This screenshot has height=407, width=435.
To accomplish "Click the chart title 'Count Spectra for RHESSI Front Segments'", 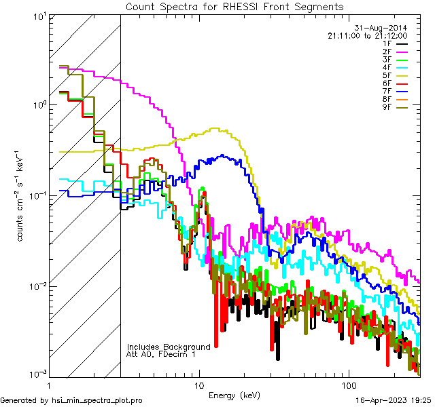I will pyautogui.click(x=234, y=6).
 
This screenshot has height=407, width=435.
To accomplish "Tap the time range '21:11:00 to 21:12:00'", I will pyautogui.click(x=367, y=35).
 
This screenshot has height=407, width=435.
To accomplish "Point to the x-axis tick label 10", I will pyautogui.click(x=198, y=384).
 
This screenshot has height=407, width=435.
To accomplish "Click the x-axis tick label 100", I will pyautogui.click(x=348, y=384).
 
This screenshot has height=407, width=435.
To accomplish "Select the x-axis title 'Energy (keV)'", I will pyautogui.click(x=234, y=395).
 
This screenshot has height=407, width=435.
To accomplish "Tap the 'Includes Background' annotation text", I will pyautogui.click(x=169, y=347).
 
